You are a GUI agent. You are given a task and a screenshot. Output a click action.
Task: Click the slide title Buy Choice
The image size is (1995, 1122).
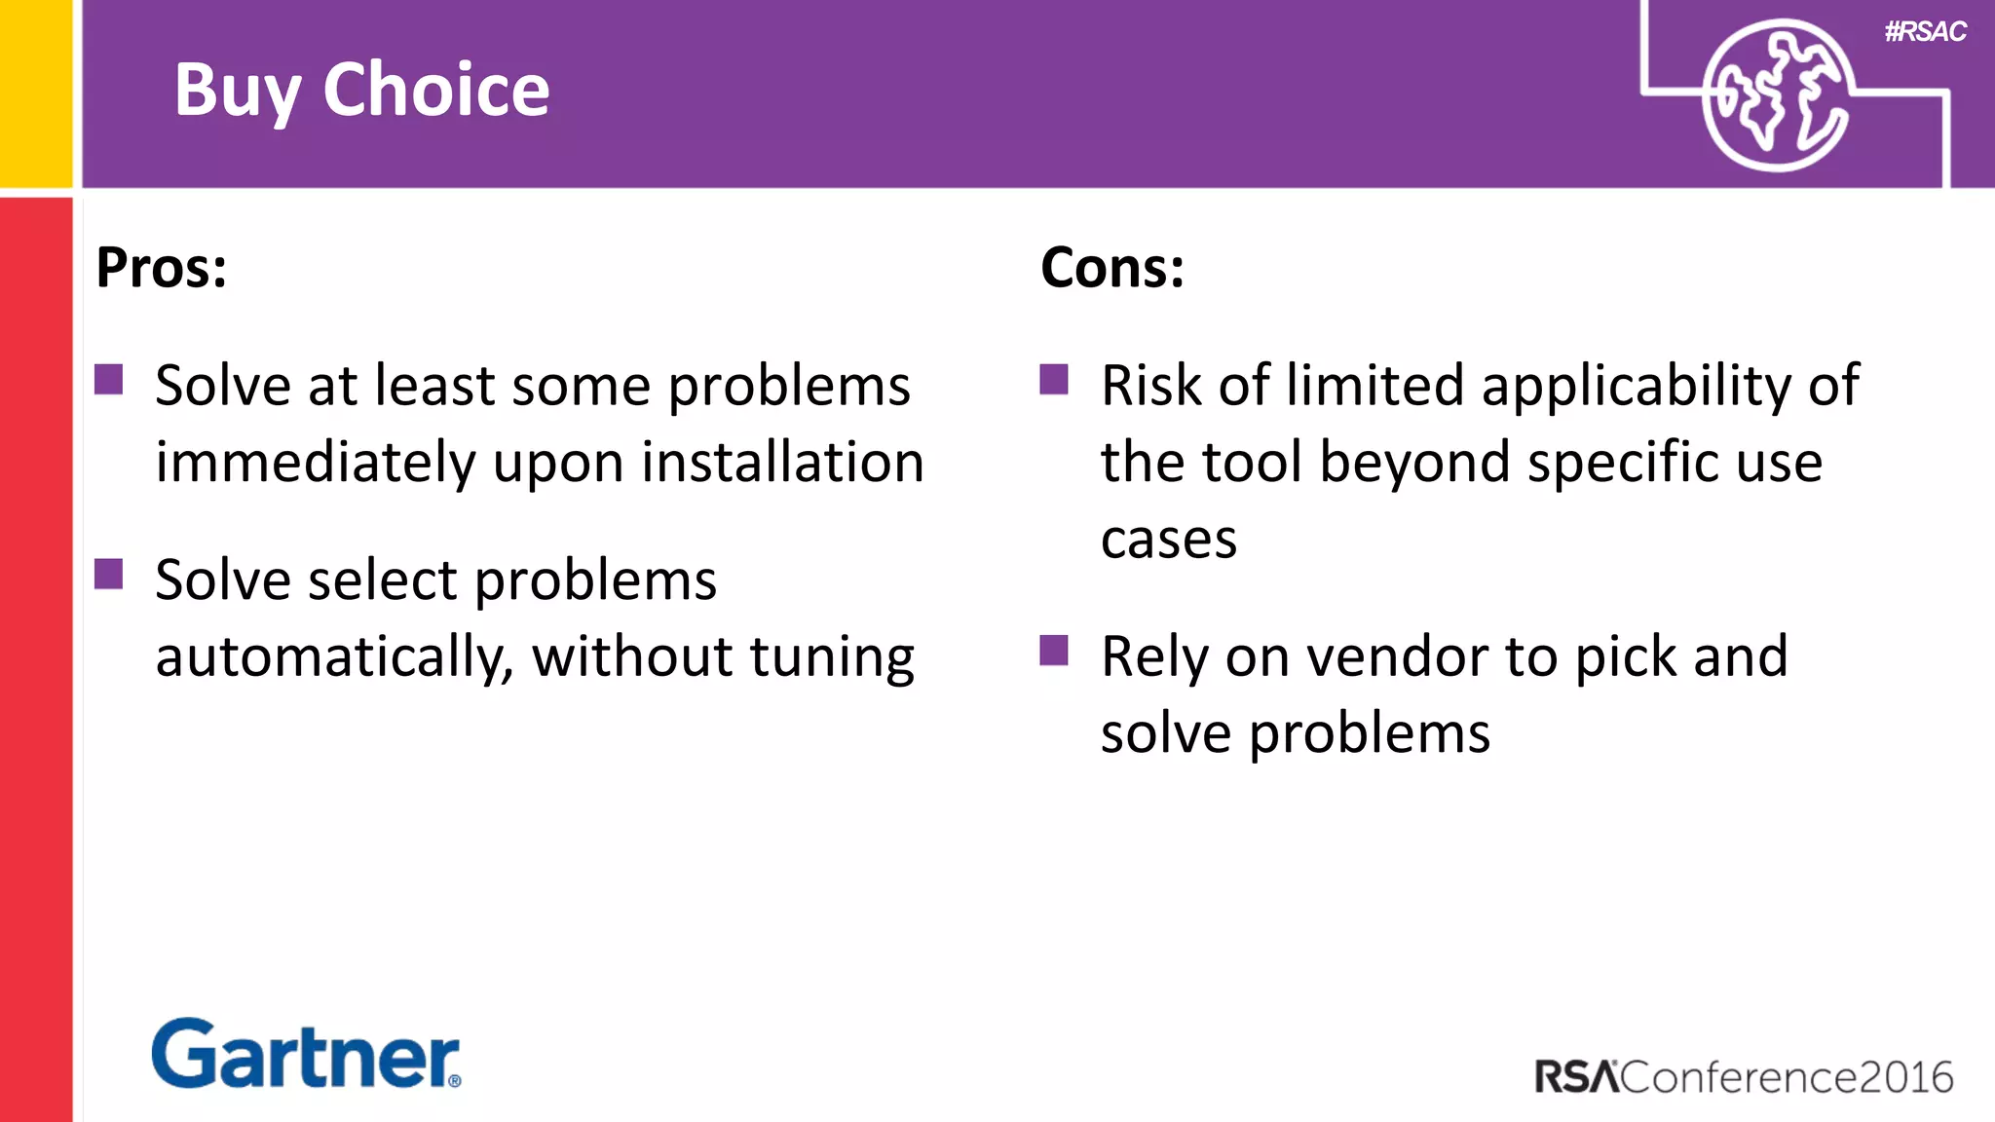coord(361,90)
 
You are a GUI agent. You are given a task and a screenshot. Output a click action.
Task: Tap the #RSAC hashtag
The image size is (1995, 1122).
coord(1925,32)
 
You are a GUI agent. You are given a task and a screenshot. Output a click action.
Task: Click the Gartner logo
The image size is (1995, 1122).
coord(306,1054)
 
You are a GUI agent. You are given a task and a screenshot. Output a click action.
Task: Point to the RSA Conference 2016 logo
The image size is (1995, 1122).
coord(1744,1077)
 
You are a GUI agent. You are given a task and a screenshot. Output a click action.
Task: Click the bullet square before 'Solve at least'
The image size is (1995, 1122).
coord(109,379)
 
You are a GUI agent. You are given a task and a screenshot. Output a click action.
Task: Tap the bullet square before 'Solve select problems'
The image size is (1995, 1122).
coord(109,574)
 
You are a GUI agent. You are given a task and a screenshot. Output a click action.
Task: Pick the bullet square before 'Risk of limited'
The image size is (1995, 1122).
coord(1054,379)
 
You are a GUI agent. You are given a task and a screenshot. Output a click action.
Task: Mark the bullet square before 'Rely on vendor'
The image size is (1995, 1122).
coord(1054,650)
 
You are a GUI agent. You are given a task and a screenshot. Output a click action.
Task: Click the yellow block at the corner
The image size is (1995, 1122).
coord(36,93)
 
